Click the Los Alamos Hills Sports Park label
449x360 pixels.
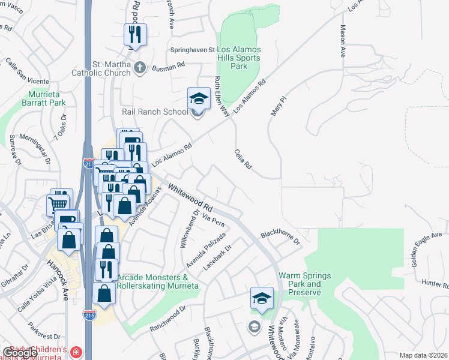coord(239,58)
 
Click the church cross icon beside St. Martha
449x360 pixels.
coord(139,67)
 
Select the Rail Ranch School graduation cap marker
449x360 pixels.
coord(199,99)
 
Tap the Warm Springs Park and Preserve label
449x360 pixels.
coord(304,284)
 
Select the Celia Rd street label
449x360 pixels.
coord(243,160)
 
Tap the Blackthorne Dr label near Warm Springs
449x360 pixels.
coord(280,238)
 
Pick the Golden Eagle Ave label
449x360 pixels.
coord(426,249)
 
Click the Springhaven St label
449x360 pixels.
coord(193,50)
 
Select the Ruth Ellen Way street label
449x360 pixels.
coord(223,96)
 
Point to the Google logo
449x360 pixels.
coord(20,353)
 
